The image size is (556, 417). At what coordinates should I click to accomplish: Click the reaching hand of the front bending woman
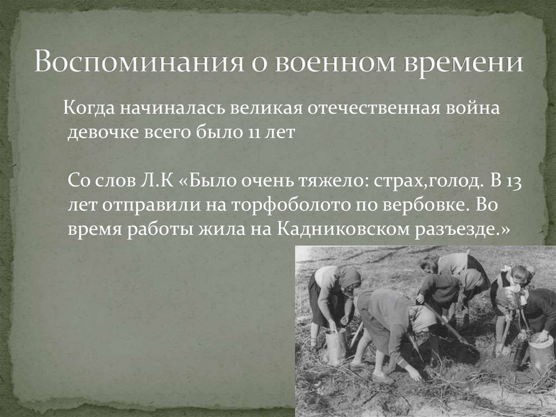[414, 375]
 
